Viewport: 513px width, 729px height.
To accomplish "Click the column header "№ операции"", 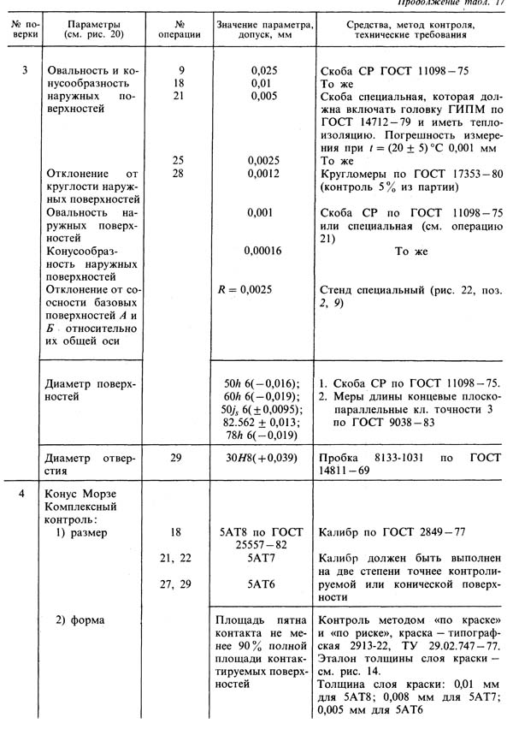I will click(x=179, y=32).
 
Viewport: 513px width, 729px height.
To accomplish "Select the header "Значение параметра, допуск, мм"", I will click(x=264, y=32).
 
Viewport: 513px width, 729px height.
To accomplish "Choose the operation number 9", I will click(x=180, y=69).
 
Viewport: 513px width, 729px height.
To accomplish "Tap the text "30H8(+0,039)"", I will click(x=264, y=459).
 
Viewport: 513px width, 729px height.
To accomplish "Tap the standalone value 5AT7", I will click(x=264, y=557).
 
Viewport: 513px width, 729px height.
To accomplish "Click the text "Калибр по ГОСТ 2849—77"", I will click(x=390, y=531).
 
